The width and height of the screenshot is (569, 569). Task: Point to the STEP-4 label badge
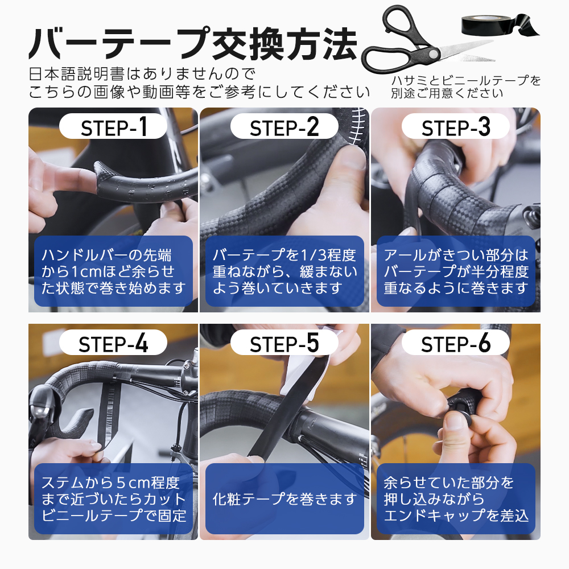point(113,344)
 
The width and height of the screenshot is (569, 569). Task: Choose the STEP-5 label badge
point(284,344)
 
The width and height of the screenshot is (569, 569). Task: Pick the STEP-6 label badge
point(455,344)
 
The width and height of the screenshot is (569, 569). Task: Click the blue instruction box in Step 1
point(113,271)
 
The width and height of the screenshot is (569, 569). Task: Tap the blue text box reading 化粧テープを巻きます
point(284,498)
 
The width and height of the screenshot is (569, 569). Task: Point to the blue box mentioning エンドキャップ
point(455,498)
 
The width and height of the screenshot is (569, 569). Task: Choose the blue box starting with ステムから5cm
point(113,498)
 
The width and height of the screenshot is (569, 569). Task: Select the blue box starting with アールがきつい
point(455,271)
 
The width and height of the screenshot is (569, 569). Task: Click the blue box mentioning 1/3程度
point(284,271)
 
